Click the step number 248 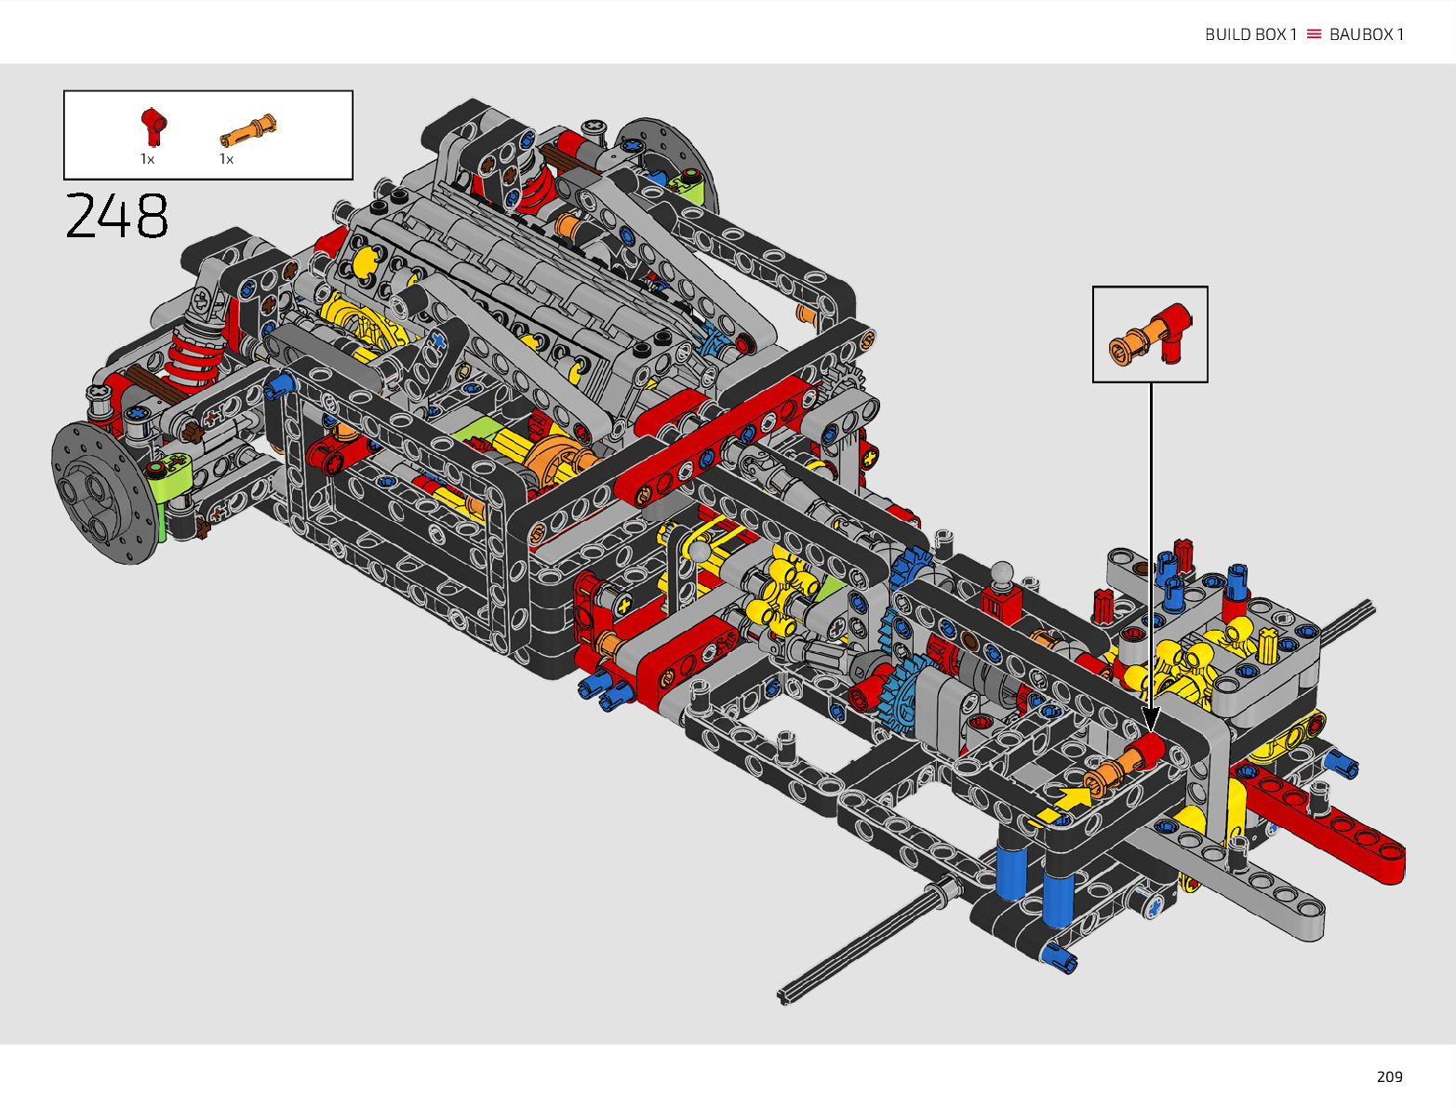[x=116, y=215]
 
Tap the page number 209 [x=1390, y=1076]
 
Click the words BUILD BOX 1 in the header [x=1250, y=34]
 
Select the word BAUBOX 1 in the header [x=1367, y=34]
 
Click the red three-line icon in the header [x=1314, y=33]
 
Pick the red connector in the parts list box [x=154, y=126]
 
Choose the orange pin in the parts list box [x=247, y=130]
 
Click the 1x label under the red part [x=147, y=159]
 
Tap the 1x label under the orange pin [x=226, y=159]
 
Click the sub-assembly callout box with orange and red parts [x=1150, y=334]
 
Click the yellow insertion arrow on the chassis [x=1062, y=806]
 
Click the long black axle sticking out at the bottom [x=869, y=941]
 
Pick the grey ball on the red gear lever [x=1002, y=572]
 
